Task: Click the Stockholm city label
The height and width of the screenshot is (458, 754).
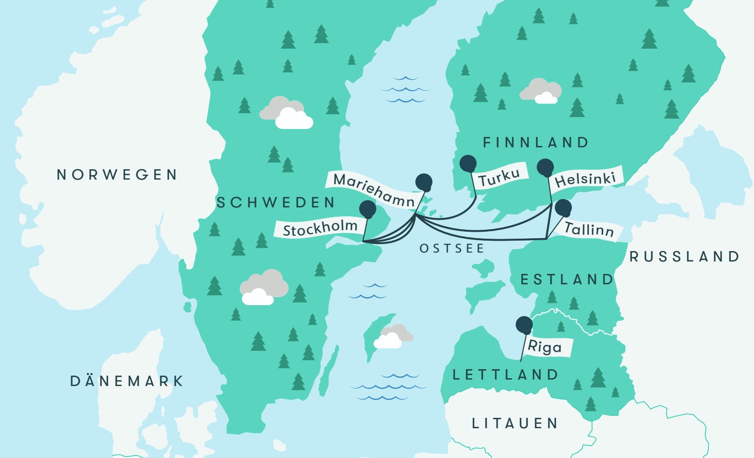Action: coord(320,228)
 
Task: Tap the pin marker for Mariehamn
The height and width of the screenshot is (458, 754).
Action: coord(424,182)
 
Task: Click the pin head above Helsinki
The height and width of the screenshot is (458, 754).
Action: coord(545,168)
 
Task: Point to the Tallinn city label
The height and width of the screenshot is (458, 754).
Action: coord(589,230)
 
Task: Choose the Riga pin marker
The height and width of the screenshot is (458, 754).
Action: coord(524,325)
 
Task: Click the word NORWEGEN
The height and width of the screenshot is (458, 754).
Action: coord(117,175)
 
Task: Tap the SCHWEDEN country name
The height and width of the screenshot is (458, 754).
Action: coord(276,202)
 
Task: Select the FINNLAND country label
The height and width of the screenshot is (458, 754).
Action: coord(536,143)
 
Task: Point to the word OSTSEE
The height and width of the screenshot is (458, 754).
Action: coord(452,248)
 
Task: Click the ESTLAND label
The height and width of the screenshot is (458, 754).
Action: coord(566,280)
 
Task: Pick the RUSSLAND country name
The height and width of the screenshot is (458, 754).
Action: coord(685,257)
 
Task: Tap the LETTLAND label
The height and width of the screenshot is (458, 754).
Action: coord(505,375)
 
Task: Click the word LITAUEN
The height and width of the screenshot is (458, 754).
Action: coord(514,423)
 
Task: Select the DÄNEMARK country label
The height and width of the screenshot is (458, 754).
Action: coord(127,381)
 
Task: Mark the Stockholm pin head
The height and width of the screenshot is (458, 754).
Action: coord(368,209)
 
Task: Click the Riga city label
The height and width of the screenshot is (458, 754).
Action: coord(545,346)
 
